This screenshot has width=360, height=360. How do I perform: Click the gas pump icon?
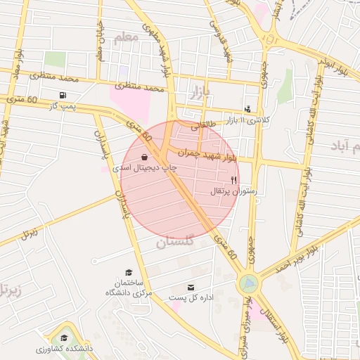[64, 95]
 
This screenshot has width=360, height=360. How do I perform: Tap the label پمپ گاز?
[62, 105]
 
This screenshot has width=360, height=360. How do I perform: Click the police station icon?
[247, 109]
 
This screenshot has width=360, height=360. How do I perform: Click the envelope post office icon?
[191, 287]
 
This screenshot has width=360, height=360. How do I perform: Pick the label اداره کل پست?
[191, 297]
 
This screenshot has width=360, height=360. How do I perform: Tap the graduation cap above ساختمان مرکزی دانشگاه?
[128, 272]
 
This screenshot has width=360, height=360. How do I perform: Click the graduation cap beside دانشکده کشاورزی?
[67, 338]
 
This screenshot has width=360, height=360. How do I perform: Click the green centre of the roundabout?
[247, 283]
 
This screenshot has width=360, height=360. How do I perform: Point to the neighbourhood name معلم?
[126, 37]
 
